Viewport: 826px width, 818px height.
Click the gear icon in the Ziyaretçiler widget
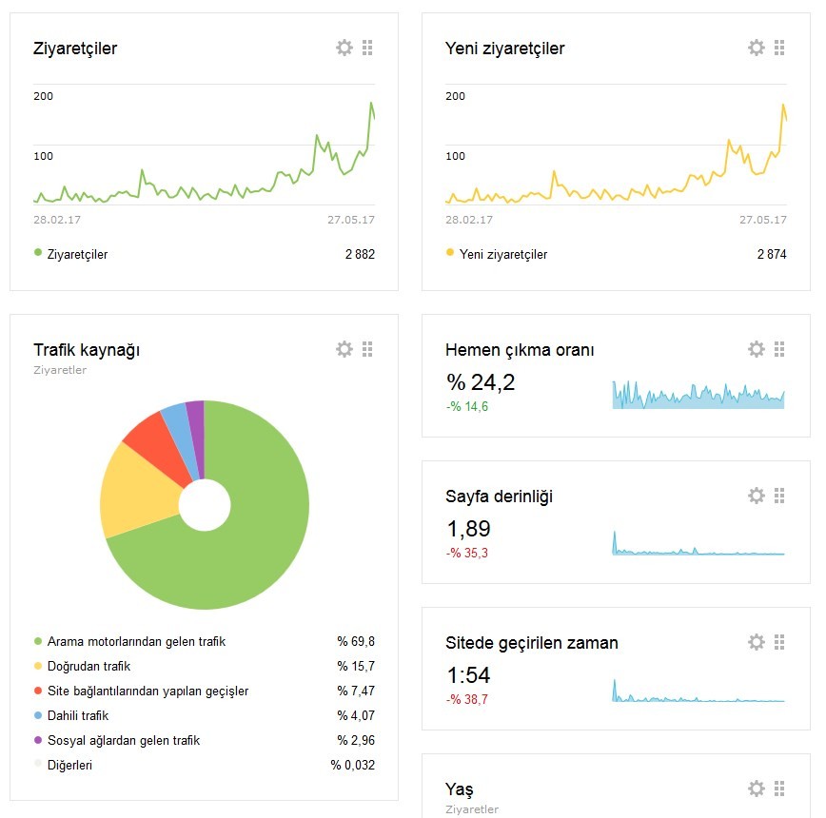(344, 48)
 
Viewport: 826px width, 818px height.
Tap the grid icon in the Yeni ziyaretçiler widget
(779, 48)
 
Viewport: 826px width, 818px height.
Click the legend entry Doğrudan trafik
(88, 666)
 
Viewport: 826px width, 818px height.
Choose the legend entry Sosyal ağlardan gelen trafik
(124, 740)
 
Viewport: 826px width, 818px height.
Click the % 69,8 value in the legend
(356, 641)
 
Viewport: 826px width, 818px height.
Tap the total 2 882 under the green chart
(360, 254)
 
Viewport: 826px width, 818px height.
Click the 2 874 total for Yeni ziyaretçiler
(772, 254)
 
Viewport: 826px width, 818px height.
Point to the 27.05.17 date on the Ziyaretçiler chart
(351, 220)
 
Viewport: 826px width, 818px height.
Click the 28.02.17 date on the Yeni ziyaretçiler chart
(469, 220)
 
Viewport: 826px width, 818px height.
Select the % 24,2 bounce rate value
(481, 382)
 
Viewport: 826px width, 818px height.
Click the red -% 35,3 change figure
(466, 553)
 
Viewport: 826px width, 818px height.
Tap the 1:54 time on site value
(468, 674)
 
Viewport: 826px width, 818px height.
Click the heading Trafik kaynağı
(87, 350)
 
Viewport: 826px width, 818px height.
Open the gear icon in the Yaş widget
(756, 789)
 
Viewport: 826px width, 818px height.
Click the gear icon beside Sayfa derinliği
(756, 496)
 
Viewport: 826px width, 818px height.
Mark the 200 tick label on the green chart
(43, 96)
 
